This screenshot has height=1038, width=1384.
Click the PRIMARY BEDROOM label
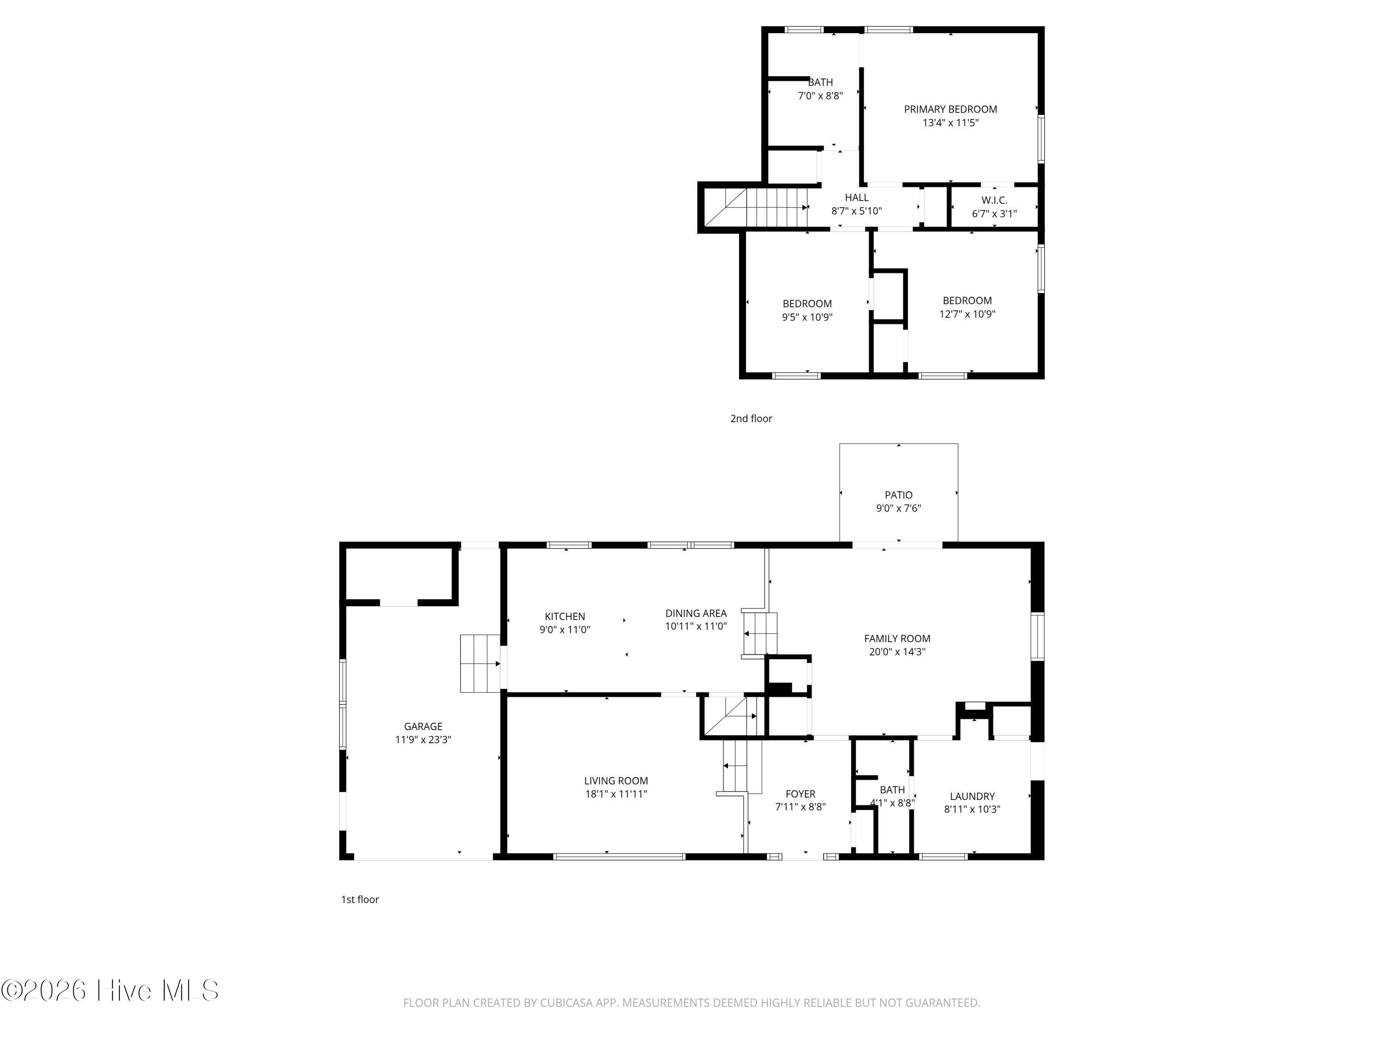pyautogui.click(x=950, y=109)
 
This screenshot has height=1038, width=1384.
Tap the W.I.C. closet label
pyautogui.click(x=994, y=200)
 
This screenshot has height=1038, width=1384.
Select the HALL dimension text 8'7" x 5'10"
pyautogui.click(x=857, y=211)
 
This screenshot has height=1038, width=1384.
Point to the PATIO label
pyautogui.click(x=899, y=495)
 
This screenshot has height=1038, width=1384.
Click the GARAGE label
pyautogui.click(x=423, y=727)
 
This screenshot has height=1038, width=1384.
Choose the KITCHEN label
pyautogui.click(x=565, y=616)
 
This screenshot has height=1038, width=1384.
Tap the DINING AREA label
pyautogui.click(x=696, y=613)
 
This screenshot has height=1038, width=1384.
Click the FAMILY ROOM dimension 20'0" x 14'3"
pyautogui.click(x=897, y=651)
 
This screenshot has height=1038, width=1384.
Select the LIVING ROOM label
pyautogui.click(x=616, y=781)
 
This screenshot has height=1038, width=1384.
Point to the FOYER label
pyautogui.click(x=800, y=794)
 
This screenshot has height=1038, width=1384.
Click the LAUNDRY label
pyautogui.click(x=972, y=796)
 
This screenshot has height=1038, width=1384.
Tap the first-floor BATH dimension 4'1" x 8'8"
pyautogui.click(x=892, y=803)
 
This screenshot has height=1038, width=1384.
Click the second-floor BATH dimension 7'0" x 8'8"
pyautogui.click(x=820, y=96)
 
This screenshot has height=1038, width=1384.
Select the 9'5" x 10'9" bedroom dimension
pyautogui.click(x=807, y=317)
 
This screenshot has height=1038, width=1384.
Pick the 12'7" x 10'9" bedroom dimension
pyautogui.click(x=967, y=314)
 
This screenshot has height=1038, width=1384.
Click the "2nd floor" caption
pyautogui.click(x=752, y=418)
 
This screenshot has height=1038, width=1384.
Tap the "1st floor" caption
pyautogui.click(x=360, y=900)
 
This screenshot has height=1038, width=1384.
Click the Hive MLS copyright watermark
pyautogui.click(x=110, y=990)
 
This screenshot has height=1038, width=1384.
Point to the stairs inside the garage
pyautogui.click(x=480, y=664)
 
